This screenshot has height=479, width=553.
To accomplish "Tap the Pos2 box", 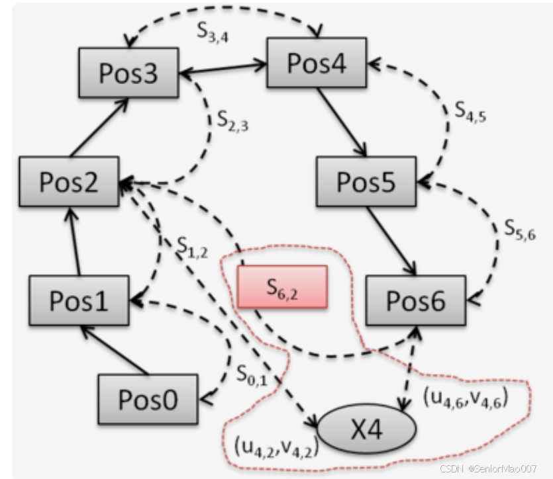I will (69, 181).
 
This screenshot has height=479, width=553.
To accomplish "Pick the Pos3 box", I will (128, 73).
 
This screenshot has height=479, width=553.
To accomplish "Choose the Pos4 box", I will (317, 62).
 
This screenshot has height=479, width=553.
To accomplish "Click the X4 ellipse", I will (367, 429).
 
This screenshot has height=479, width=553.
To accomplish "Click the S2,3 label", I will (233, 121).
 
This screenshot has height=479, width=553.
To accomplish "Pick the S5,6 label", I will (519, 228).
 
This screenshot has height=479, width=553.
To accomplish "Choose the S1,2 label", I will (193, 245).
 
